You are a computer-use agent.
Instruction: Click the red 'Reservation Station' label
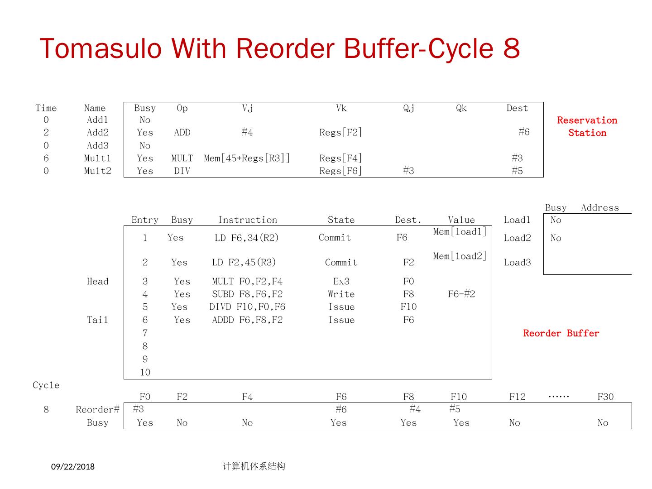pyautogui.click(x=587, y=126)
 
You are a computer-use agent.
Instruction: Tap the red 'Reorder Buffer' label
pyautogui.click(x=561, y=333)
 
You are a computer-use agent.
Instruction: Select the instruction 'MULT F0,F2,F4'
pyautogui.click(x=247, y=281)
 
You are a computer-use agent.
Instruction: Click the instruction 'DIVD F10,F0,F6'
pyautogui.click(x=247, y=307)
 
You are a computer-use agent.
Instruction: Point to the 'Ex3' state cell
pyautogui.click(x=341, y=281)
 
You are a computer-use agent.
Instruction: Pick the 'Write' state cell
pyautogui.click(x=341, y=294)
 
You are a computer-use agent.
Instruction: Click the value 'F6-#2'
pyautogui.click(x=461, y=294)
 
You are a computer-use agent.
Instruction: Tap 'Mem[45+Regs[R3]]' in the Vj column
pyautogui.click(x=247, y=158)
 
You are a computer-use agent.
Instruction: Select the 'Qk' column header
pyautogui.click(x=461, y=108)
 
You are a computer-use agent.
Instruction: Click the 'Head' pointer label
pyautogui.click(x=97, y=281)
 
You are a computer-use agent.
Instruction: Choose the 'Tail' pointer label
pyautogui.click(x=97, y=320)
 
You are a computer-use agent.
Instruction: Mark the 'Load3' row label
pyautogui.click(x=517, y=262)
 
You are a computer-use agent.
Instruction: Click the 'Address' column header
pyautogui.click(x=599, y=207)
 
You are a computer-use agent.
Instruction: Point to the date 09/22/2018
pyautogui.click(x=73, y=466)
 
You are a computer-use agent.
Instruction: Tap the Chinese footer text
pyautogui.click(x=254, y=466)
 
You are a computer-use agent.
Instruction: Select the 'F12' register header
pyautogui.click(x=517, y=397)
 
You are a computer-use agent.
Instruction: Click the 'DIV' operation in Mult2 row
pyautogui.click(x=182, y=171)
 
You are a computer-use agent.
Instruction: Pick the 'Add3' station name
pyautogui.click(x=97, y=145)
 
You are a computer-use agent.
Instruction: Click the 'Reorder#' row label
pyautogui.click(x=97, y=409)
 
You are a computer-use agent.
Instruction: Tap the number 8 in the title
pyautogui.click(x=511, y=48)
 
